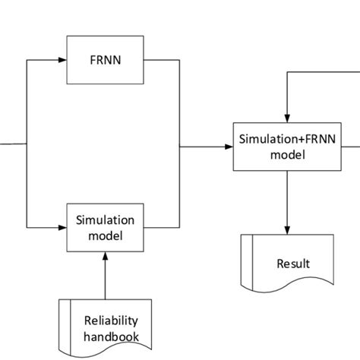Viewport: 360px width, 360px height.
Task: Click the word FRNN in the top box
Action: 106,58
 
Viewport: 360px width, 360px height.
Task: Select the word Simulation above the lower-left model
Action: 106,220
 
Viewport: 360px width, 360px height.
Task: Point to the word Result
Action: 293,264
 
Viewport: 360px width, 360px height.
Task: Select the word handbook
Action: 112,336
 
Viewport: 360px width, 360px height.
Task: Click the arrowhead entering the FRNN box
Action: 63,59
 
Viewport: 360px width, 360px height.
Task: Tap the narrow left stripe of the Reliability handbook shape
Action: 64,323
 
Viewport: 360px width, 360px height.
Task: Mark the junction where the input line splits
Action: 27,144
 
